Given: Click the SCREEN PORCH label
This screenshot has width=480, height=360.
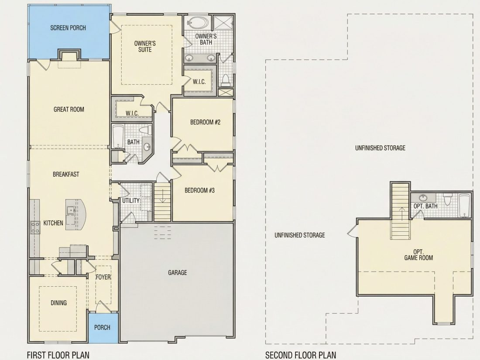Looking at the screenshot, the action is (68, 28).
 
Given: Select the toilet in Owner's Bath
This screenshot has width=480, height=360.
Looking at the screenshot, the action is (226, 79).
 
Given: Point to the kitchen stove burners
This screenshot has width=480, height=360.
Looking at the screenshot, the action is (35, 227).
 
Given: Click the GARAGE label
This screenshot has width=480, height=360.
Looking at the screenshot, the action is (178, 272).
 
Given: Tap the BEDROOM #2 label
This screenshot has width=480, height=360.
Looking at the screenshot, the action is (206, 122).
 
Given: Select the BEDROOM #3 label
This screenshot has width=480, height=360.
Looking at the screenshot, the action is (199, 190).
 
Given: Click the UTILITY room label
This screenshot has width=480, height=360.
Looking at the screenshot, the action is (131, 201).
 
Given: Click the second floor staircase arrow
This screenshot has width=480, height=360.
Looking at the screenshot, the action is (401, 215).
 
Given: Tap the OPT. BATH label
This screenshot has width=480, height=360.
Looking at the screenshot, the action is (425, 206).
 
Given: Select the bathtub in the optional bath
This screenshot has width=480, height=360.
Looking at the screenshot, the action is (465, 206).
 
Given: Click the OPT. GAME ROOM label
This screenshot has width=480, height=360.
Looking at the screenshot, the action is (418, 255).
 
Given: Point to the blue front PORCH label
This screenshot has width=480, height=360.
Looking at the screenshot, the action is (102, 327).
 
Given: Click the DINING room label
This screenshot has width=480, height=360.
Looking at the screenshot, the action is (58, 303).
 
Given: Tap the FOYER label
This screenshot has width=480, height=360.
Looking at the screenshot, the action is (103, 277).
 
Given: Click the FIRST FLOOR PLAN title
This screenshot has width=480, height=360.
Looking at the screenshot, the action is (58, 355).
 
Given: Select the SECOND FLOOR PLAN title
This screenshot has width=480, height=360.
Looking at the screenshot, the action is (301, 355).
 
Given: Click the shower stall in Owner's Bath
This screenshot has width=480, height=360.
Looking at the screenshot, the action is (223, 23).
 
